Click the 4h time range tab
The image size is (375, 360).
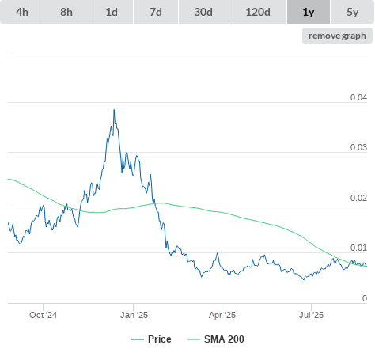coord(22,12)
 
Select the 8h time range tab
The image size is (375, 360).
coord(66,12)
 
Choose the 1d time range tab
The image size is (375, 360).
coord(112,12)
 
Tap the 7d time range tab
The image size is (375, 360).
coord(156,12)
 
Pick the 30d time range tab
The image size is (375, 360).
coord(203,12)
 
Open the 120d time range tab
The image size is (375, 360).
coord(258,12)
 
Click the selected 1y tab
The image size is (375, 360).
coord(309,12)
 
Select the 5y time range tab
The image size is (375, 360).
coord(353,12)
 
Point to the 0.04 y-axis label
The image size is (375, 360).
coord(358,97)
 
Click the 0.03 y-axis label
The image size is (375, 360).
coord(358,147)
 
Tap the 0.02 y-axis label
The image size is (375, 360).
coord(358,198)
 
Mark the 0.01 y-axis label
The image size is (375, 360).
coord(358,248)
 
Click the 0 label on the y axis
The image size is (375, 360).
coord(365,298)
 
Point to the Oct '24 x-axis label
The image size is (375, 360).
coord(43,315)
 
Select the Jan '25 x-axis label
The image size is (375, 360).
coord(134,315)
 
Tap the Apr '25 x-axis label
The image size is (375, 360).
coord(222,315)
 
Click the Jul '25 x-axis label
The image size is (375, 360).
coord(311,315)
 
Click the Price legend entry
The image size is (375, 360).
coord(151,339)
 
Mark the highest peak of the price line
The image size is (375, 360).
coord(114,110)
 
